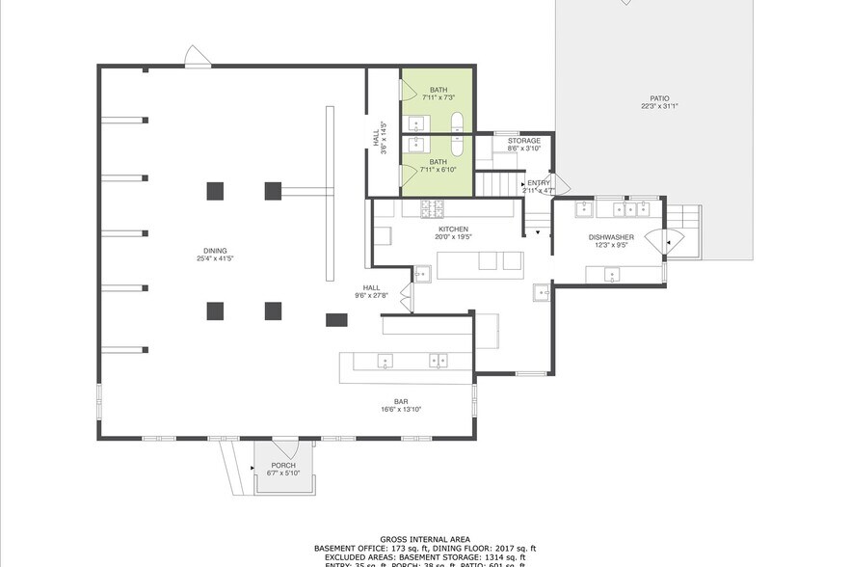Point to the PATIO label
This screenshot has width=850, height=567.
(x=659, y=97)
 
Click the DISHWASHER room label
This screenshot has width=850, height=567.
(x=611, y=236)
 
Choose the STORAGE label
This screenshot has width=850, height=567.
(x=523, y=141)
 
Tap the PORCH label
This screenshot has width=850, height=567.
(x=282, y=465)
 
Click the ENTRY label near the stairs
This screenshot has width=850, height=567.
(x=538, y=182)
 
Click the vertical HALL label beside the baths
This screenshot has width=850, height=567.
(x=376, y=139)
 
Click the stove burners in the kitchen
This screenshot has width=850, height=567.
(x=430, y=207)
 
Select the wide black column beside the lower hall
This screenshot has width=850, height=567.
(x=336, y=319)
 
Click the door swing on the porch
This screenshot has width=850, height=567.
(x=284, y=446)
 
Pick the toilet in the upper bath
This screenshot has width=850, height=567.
(x=459, y=122)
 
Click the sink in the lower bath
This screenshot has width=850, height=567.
(x=417, y=146)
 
